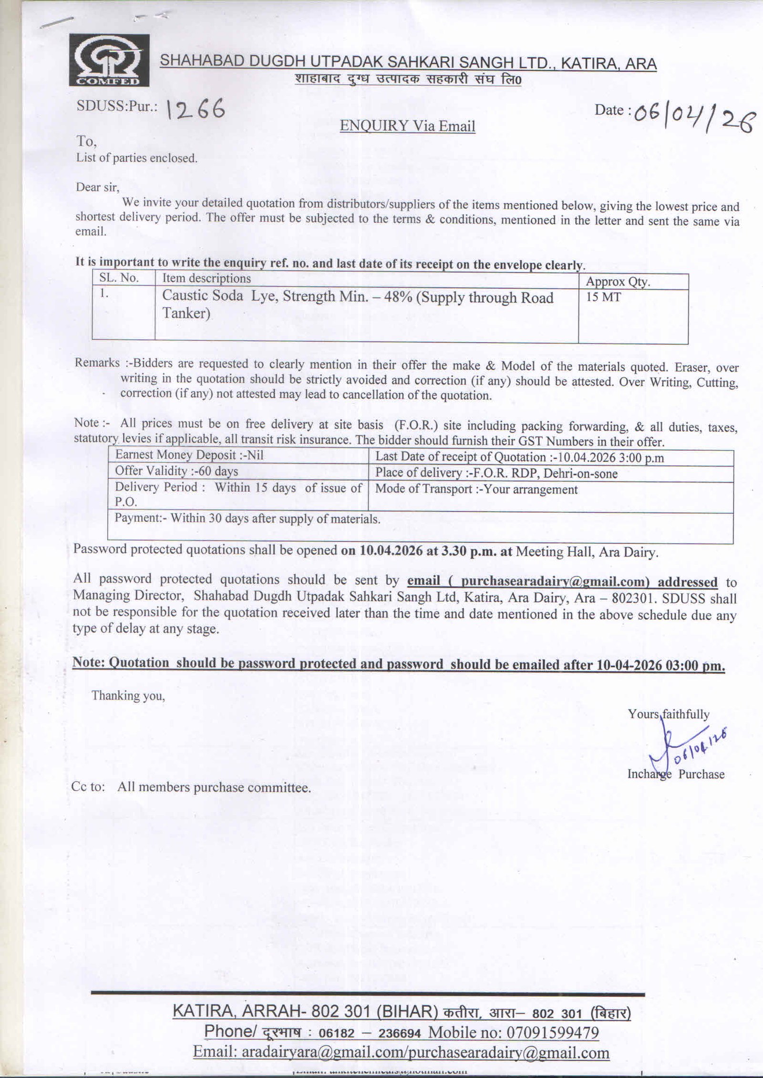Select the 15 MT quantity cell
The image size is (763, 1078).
point(603,297)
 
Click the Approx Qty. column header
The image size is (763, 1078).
point(618,282)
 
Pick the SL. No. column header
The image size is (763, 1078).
point(119,277)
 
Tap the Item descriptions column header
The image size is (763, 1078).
point(206,278)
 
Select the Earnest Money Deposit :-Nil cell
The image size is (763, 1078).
point(189,455)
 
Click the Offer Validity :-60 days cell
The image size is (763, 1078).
point(176,471)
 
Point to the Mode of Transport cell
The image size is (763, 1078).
point(476,489)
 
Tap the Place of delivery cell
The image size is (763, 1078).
point(496,473)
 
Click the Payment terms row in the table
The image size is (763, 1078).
point(247,519)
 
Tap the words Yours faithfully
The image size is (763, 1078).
point(668,714)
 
